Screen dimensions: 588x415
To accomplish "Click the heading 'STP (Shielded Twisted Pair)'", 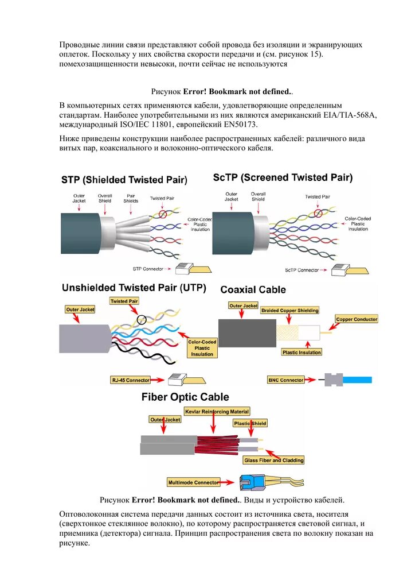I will pyautogui.click(x=124, y=180).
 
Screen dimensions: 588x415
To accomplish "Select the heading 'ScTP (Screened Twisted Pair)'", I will pyautogui.click(x=283, y=177).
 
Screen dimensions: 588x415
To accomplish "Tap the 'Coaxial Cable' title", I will pyautogui.click(x=253, y=289).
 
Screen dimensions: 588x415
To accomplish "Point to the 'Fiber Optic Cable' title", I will pyautogui.click(x=185, y=397).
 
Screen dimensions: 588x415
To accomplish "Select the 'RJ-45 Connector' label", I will pyautogui.click(x=131, y=380).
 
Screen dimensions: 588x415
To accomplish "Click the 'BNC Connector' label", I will pyautogui.click(x=286, y=380).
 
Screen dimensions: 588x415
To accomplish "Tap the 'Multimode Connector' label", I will pyautogui.click(x=194, y=482).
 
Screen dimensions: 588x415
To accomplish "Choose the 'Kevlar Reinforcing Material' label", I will pyautogui.click(x=217, y=411).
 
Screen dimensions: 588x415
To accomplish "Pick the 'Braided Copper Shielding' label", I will pyautogui.click(x=289, y=310).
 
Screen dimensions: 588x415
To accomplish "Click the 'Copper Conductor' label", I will pyautogui.click(x=357, y=319).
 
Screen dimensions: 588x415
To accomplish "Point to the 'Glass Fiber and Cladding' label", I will pyautogui.click(x=274, y=460).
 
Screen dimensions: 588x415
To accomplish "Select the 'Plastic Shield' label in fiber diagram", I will pyautogui.click(x=250, y=423).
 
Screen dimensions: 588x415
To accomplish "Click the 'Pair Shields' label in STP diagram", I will pyautogui.click(x=131, y=198).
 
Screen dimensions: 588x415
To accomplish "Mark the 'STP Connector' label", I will pyautogui.click(x=148, y=268).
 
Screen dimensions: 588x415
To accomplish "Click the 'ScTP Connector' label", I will pyautogui.click(x=302, y=270).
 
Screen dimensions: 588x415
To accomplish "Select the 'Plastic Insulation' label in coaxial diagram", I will pyautogui.click(x=302, y=352).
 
